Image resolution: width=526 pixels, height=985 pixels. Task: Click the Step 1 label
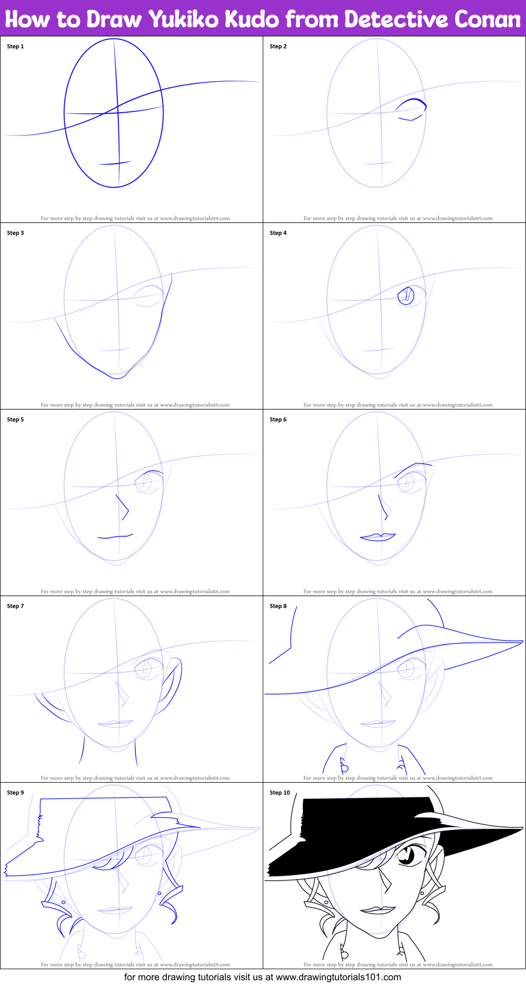(15, 46)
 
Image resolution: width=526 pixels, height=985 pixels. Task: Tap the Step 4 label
(278, 233)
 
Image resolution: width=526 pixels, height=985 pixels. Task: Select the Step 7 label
(15, 606)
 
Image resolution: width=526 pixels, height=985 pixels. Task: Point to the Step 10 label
(280, 793)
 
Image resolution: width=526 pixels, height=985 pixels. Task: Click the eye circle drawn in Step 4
(406, 296)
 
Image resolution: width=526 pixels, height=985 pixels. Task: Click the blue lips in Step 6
(378, 537)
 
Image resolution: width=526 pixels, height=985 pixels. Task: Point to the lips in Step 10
(378, 910)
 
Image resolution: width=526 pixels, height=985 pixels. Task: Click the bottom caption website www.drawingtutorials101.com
(339, 977)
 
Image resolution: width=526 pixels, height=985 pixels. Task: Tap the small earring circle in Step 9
(159, 893)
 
